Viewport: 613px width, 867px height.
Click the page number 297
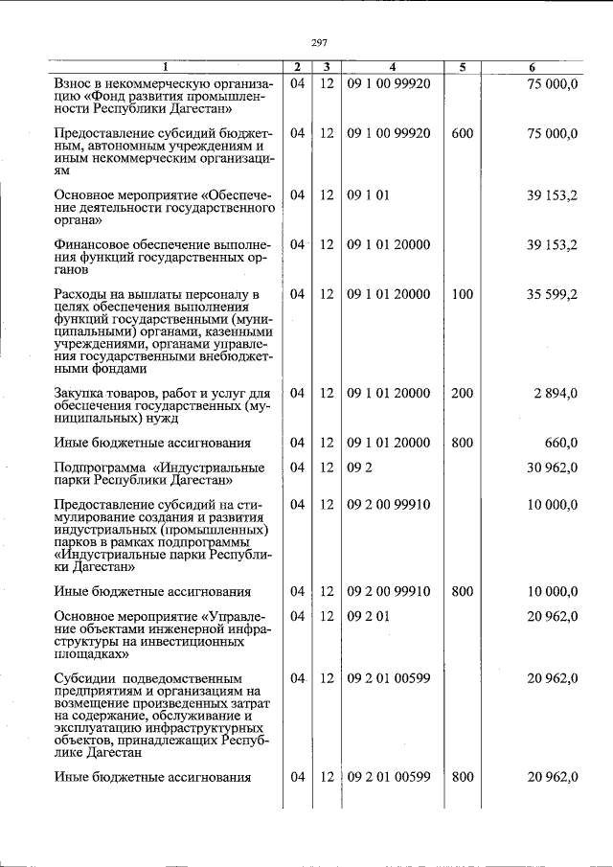point(321,43)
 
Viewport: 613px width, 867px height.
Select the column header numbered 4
point(392,67)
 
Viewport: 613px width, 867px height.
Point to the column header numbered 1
point(164,67)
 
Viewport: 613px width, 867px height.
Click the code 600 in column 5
point(462,133)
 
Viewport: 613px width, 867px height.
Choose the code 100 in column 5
point(462,294)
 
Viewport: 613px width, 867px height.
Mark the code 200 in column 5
point(462,393)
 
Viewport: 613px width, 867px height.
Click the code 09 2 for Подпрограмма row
point(357,468)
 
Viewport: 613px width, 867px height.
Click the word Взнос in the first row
point(78,84)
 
